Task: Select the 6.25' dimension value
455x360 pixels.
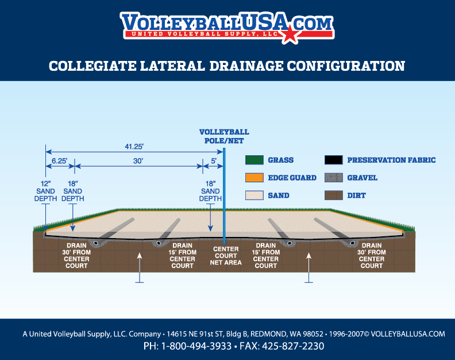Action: [59, 162]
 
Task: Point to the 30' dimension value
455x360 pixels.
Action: [138, 162]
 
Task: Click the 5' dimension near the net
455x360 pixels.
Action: [213, 162]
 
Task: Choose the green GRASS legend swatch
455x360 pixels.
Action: [254, 160]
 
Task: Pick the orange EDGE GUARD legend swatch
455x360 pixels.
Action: [254, 178]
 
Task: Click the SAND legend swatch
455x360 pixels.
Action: [254, 196]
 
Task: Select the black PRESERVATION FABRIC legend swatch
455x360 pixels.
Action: [333, 160]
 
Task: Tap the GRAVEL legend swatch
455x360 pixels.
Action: [333, 178]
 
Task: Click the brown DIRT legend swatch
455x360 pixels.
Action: [333, 196]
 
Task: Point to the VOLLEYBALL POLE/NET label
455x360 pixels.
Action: [224, 136]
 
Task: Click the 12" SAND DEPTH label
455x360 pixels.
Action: [45, 190]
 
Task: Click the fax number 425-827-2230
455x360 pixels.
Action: [293, 346]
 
